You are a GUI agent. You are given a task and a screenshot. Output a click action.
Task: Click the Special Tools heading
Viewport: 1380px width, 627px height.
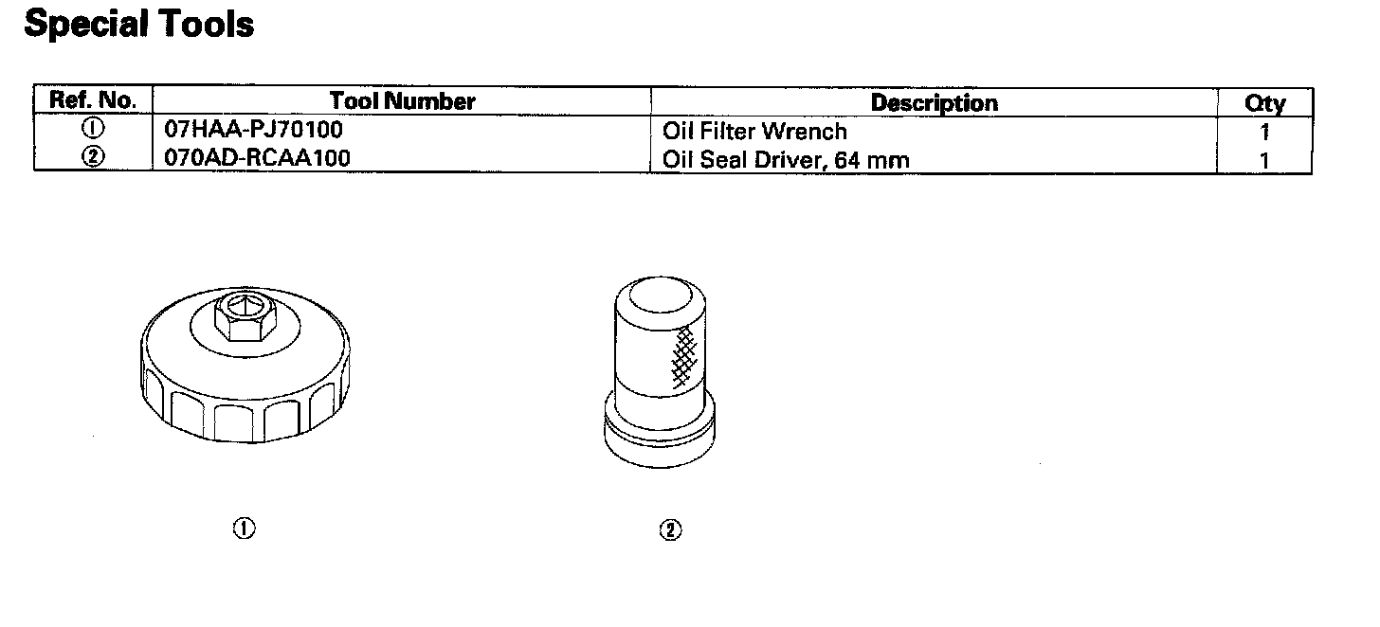(x=138, y=25)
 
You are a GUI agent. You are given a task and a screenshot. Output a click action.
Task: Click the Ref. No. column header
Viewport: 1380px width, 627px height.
(x=93, y=100)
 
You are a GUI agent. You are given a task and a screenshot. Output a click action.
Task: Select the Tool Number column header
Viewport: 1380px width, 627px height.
(x=402, y=100)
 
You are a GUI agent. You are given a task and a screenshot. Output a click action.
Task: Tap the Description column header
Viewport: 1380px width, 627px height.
(x=934, y=102)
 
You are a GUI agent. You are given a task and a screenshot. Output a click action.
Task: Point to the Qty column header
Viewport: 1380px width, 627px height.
(x=1264, y=103)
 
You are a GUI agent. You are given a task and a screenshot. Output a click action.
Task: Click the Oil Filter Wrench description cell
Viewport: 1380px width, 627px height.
(x=754, y=131)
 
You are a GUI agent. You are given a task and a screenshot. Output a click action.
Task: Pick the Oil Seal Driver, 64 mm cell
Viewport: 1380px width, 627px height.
(x=786, y=159)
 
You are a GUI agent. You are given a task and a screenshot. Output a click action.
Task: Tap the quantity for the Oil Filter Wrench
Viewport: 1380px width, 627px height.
(x=1264, y=133)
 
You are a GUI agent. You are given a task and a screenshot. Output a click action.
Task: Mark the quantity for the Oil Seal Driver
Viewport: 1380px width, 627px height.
(x=1264, y=160)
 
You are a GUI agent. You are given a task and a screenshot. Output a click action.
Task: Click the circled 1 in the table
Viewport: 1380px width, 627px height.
(x=93, y=130)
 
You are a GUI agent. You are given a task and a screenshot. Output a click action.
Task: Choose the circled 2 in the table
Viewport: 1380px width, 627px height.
(x=93, y=157)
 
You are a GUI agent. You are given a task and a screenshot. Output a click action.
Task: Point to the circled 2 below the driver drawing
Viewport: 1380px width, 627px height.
(x=669, y=530)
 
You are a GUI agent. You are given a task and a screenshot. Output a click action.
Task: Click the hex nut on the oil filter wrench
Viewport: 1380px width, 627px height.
(x=245, y=317)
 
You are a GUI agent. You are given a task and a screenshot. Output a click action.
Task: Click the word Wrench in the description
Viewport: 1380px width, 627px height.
(x=808, y=131)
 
